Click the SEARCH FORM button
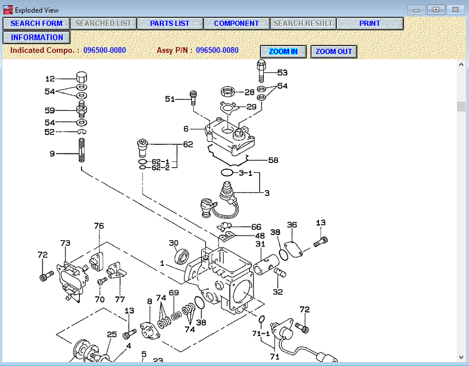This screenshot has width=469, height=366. tap(36, 24)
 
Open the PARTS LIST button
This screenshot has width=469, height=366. tap(170, 24)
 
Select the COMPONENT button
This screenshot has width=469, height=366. tap(236, 24)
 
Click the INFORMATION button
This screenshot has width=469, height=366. tap(37, 37)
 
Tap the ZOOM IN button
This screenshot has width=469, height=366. tap(283, 52)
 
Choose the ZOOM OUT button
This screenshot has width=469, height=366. tap(333, 52)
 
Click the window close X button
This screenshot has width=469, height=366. tap(455, 10)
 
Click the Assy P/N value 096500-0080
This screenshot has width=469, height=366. tap(217, 51)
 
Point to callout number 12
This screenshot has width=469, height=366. tap(50, 79)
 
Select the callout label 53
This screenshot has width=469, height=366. tap(282, 73)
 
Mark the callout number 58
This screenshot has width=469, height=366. tap(273, 160)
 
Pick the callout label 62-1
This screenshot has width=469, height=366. tap(160, 162)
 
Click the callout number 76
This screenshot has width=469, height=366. tap(99, 226)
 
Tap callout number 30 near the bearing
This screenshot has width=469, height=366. tap(174, 243)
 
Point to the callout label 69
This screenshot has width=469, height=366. tap(174, 292)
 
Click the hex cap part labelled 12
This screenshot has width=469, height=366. tap(81, 78)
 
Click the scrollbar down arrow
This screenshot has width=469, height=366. tap(461, 357)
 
